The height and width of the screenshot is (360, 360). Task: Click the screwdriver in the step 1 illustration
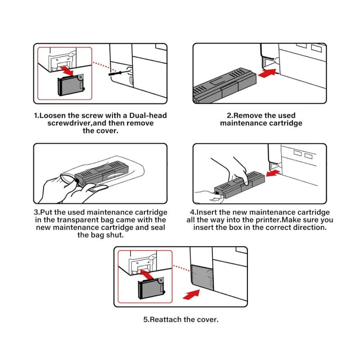click(x=117, y=73)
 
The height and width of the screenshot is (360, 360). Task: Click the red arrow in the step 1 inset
click(x=66, y=71)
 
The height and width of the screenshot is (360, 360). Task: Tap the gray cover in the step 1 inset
click(x=71, y=85)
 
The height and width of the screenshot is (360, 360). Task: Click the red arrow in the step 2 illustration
click(x=267, y=73)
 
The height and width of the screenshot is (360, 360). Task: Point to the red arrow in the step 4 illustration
click(x=273, y=173)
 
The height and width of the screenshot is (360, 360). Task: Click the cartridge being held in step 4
click(x=239, y=184)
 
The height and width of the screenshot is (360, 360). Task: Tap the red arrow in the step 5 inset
click(x=147, y=274)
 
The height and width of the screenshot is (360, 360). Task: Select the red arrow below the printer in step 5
click(x=191, y=294)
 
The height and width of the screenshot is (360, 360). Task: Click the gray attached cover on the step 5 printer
click(x=202, y=277)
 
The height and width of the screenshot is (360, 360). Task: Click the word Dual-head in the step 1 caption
click(x=148, y=115)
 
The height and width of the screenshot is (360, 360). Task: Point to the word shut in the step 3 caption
click(x=114, y=235)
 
